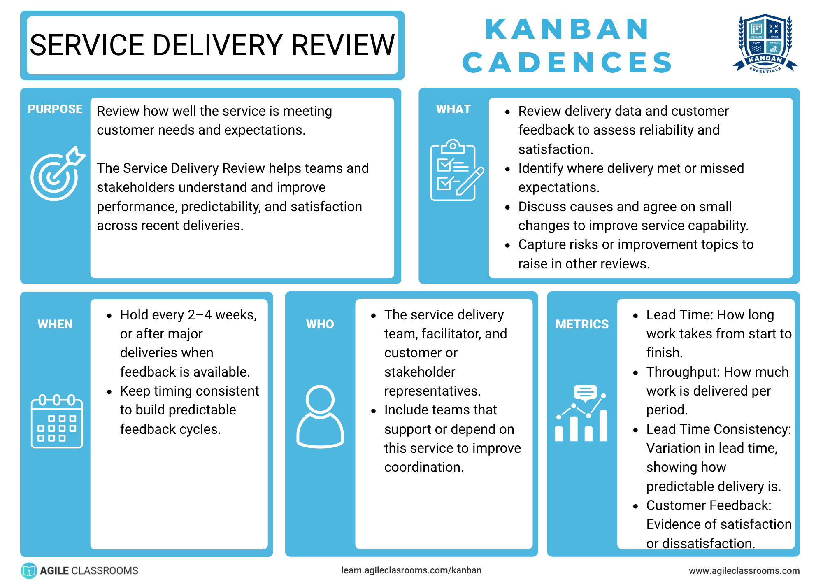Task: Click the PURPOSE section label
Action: pos(55,109)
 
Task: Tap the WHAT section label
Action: pos(453,109)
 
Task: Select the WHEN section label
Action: pos(55,324)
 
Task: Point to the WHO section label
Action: pos(320,324)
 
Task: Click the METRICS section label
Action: pos(582,324)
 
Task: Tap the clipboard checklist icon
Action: pos(457,170)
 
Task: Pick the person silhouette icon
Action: pos(320,417)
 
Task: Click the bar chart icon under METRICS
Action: pos(581,413)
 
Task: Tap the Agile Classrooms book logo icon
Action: pos(29,570)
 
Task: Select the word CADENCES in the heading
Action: pos(567,63)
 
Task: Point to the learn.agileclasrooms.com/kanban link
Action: pos(411,570)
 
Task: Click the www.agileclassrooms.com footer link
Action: pos(744,571)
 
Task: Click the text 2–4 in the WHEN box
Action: pos(200,315)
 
